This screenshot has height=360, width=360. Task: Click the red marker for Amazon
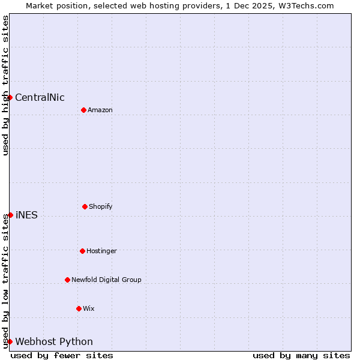pos(83,110)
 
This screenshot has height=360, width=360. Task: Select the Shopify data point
pos(85,206)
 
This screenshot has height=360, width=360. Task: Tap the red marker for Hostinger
pos(82,251)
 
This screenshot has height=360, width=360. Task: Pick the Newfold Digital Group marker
pos(67,280)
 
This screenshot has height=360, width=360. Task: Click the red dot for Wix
pos(79,308)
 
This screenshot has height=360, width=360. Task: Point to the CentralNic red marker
pos(10,97)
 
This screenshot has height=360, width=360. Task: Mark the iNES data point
pos(10,215)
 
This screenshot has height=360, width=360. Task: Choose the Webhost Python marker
pos(10,341)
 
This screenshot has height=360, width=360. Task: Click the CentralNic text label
pos(40,98)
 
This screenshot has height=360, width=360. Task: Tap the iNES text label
pos(26,215)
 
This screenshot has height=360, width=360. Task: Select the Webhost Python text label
pos(54,342)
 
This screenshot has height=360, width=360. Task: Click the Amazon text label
pos(100,110)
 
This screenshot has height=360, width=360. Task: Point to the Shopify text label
pos(101,207)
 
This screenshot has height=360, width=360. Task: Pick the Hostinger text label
pos(101,251)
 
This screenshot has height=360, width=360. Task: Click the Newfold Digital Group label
pos(106,280)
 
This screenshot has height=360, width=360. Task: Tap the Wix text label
pos(89,309)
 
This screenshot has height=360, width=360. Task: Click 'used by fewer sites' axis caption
pos(62,355)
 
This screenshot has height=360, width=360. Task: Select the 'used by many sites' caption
pos(301,355)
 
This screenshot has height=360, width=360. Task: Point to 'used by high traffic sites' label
pos(5,85)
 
